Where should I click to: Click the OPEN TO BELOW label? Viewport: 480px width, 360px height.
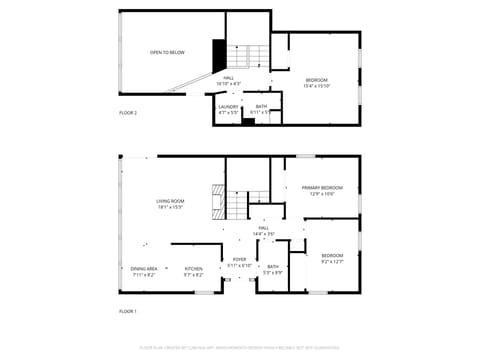click(x=167, y=52)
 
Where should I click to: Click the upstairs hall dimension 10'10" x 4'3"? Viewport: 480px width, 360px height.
click(x=229, y=83)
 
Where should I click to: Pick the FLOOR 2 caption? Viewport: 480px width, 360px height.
click(x=128, y=113)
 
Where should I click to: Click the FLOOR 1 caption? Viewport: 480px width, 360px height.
click(x=128, y=311)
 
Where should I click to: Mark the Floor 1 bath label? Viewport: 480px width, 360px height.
click(x=272, y=269)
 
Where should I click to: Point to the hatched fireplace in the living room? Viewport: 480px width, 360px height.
click(x=215, y=201)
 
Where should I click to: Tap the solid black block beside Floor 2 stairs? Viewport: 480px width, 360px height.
click(x=219, y=52)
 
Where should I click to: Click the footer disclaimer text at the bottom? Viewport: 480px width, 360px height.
click(x=240, y=348)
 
